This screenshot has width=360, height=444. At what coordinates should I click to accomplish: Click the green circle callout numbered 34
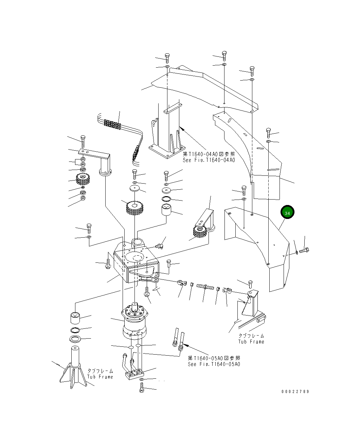287,212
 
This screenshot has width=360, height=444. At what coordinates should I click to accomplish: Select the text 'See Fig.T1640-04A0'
209,160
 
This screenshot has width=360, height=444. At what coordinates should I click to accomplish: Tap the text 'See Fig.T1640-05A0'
214,364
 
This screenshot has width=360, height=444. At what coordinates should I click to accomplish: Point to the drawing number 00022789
295,391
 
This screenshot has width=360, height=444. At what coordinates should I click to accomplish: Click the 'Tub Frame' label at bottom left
100,377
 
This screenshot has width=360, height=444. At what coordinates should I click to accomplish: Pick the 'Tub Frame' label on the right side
251,342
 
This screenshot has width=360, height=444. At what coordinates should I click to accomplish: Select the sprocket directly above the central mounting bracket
135,207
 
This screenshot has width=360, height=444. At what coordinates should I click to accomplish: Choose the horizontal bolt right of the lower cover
304,251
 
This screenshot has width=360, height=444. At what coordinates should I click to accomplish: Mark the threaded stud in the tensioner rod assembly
204,287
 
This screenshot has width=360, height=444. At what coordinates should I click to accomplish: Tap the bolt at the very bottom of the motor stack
142,388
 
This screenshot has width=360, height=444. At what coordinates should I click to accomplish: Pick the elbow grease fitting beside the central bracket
159,245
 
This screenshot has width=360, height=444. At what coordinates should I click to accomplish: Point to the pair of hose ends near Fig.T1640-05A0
178,340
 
